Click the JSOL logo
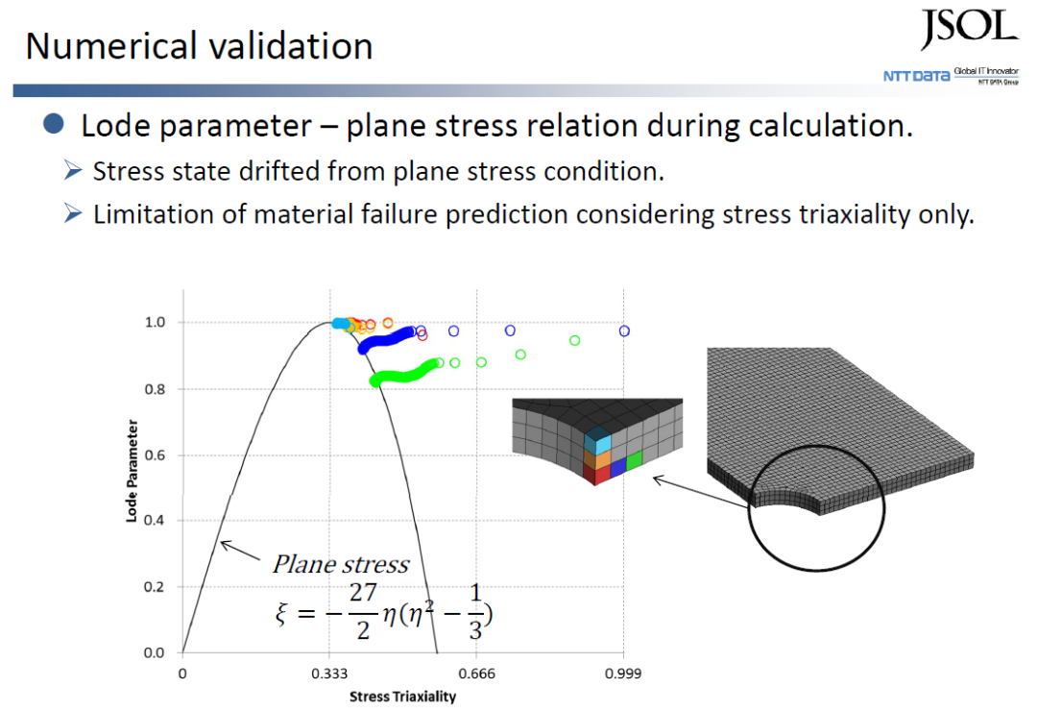pos(968,29)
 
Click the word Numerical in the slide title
pos(107,46)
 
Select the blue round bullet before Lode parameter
pos(54,124)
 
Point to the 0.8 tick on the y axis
pos(155,389)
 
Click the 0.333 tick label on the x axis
pos(328,674)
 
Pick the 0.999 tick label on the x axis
pos(623,674)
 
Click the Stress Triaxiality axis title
pos(402,697)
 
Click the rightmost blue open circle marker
pos(624,331)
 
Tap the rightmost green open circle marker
pos(574,340)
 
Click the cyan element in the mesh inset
pos(601,443)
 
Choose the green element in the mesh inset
pos(634,459)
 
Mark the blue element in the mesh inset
pos(618,466)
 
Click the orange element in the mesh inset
pos(600,459)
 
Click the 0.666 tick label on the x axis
pos(476,674)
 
